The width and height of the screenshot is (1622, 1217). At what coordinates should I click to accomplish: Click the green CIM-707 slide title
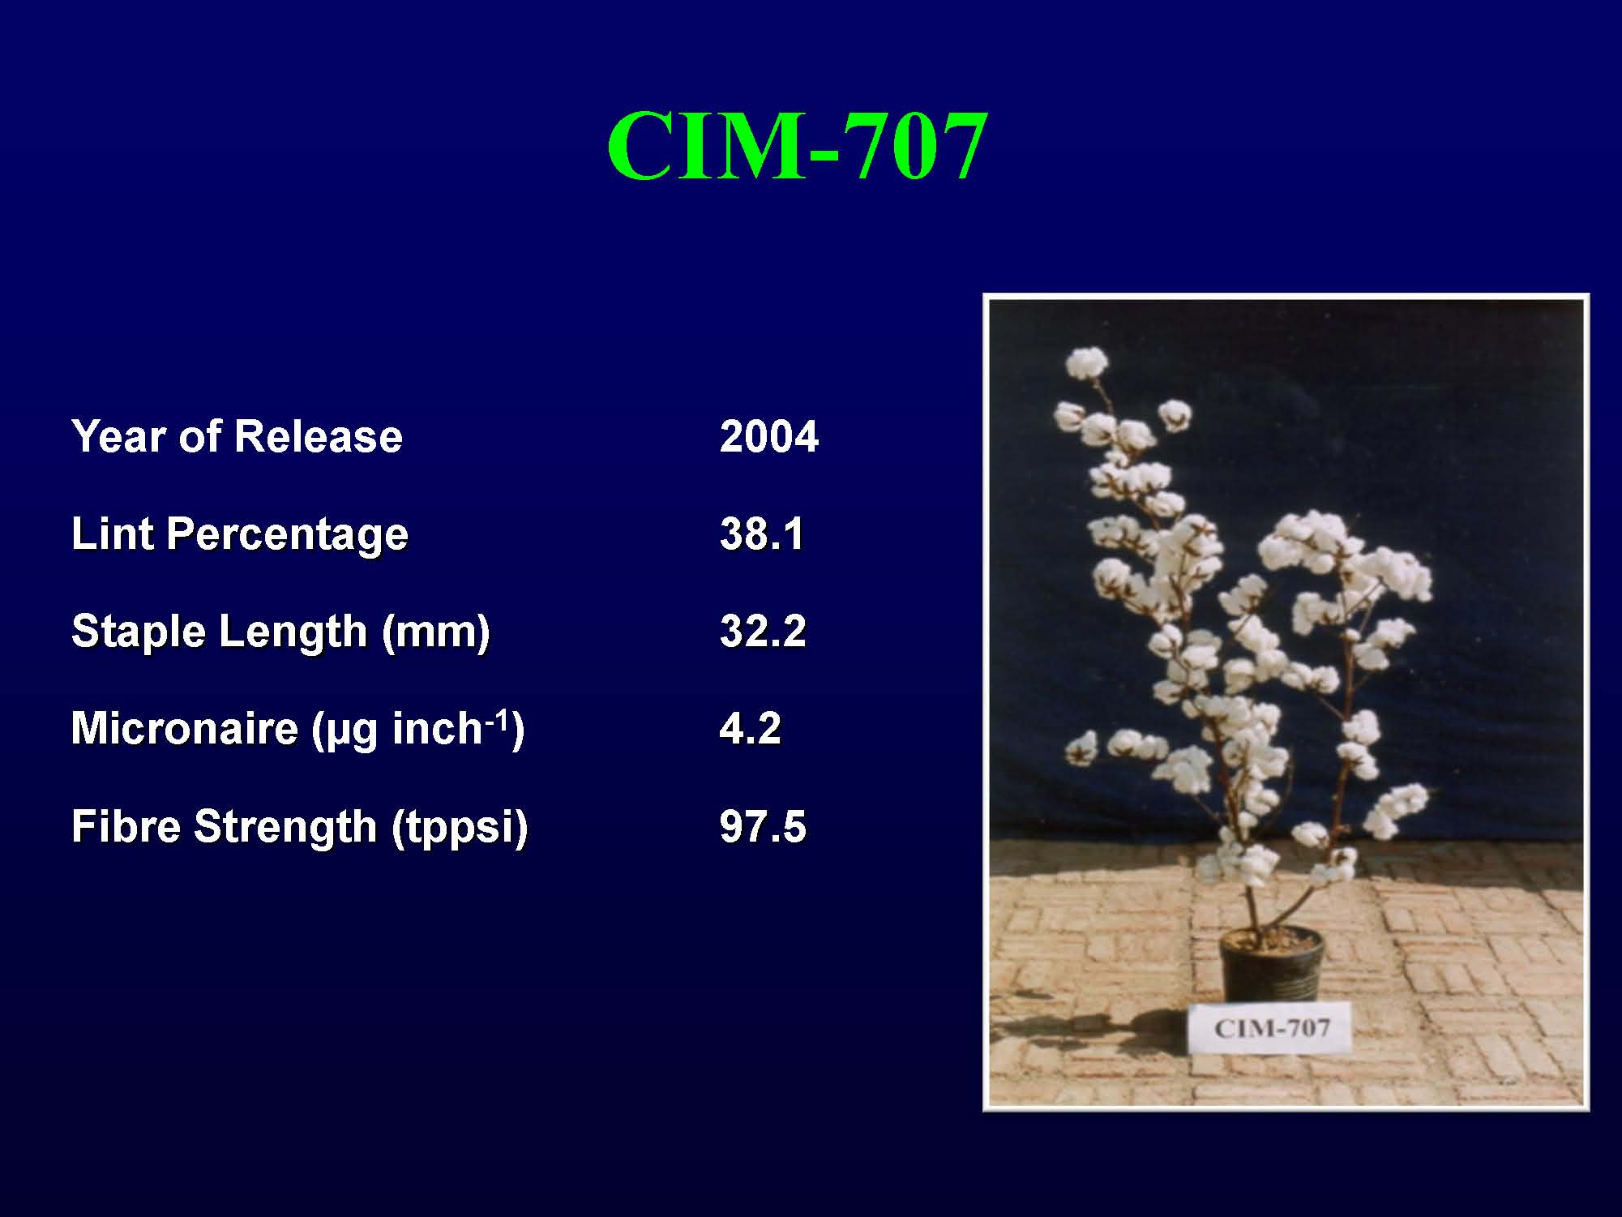click(797, 147)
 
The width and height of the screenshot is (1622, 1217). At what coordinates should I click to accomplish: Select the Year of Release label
click(237, 436)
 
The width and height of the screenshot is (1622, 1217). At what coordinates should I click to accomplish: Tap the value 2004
click(769, 436)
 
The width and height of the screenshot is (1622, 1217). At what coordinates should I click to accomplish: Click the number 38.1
click(762, 534)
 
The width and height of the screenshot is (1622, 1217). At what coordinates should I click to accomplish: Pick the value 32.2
click(763, 632)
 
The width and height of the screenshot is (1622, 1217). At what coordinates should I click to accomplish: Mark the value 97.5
click(763, 826)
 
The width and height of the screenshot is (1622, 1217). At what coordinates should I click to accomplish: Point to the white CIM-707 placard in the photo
click(1271, 1028)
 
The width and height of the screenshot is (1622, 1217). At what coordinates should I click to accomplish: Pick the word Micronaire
click(185, 728)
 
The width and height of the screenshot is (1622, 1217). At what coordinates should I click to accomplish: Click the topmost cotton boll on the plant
click(1086, 363)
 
